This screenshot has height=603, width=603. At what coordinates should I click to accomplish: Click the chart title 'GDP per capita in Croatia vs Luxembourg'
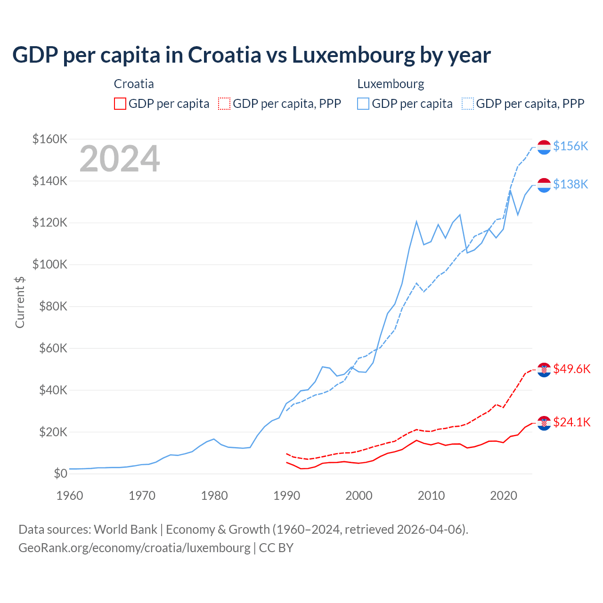[251, 55]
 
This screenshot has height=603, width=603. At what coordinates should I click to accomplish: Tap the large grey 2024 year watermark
[120, 159]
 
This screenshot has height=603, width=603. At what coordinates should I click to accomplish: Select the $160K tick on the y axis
[49, 139]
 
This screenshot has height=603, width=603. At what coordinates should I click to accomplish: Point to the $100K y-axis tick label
[49, 264]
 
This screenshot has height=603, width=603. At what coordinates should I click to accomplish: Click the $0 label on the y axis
[60, 473]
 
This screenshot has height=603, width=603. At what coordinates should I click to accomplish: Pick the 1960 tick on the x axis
[70, 496]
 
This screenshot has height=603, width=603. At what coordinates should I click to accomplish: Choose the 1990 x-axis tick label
[286, 496]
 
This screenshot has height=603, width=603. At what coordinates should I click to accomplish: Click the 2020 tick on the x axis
[504, 496]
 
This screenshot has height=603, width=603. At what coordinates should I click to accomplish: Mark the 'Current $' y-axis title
[20, 302]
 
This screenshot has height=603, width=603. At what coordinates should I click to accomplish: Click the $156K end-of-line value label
[570, 147]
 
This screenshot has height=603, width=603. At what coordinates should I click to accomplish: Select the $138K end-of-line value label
[570, 184]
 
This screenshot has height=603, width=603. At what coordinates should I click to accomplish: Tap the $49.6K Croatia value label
[572, 369]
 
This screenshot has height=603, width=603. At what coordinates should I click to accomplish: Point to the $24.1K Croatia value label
[572, 422]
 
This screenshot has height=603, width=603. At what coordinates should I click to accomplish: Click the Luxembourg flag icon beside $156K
[544, 147]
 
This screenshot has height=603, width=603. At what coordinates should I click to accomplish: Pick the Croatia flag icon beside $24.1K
[544, 423]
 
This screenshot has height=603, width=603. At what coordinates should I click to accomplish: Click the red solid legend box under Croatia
[120, 104]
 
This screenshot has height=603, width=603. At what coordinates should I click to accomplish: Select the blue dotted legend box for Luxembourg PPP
[468, 104]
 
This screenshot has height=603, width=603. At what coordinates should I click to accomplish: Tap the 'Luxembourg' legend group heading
[391, 84]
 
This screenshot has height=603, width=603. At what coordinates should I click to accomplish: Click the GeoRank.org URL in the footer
[134, 548]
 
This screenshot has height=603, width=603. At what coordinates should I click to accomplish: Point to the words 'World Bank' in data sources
[125, 530]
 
